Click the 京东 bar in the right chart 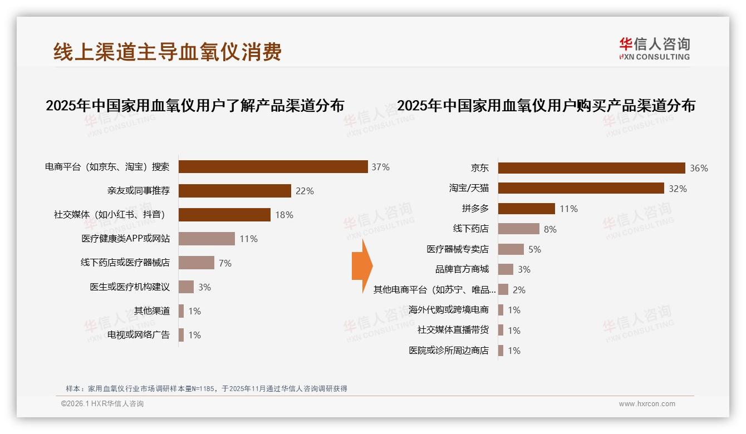(x=591, y=168)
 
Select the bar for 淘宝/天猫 (x=581, y=188)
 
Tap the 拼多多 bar (x=526, y=209)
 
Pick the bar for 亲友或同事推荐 (x=234, y=191)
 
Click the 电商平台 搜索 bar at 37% (x=273, y=167)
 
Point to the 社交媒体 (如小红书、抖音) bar (x=224, y=215)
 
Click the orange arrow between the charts (x=361, y=260)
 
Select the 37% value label (x=381, y=167)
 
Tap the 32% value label (x=678, y=189)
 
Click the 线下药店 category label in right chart (x=470, y=229)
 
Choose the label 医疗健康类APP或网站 (x=125, y=239)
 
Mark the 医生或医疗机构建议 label (x=130, y=287)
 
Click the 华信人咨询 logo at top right (x=654, y=48)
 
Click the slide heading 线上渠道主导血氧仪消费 (x=168, y=52)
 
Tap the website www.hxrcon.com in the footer (x=647, y=404)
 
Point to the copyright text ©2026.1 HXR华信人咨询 (x=102, y=404)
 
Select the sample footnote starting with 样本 (x=207, y=388)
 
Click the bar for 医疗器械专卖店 (x=511, y=249)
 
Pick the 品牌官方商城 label (x=462, y=269)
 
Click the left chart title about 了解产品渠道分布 (x=195, y=106)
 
